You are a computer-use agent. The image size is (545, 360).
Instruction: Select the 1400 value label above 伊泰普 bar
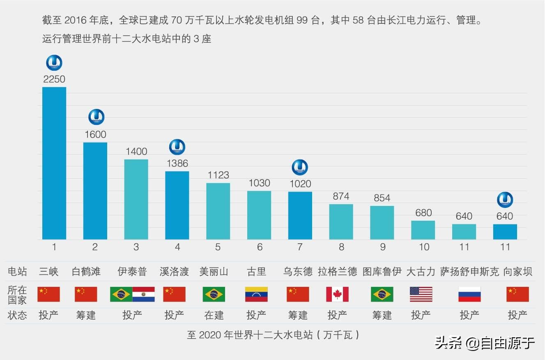(136, 152)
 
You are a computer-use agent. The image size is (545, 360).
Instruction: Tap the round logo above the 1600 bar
(97, 117)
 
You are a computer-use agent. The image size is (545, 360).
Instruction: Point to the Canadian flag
(337, 294)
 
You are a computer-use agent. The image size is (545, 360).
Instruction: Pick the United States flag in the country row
(421, 294)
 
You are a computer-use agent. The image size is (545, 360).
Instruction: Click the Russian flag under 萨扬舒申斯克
(469, 294)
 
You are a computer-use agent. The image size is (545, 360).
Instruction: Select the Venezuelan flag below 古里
(256, 294)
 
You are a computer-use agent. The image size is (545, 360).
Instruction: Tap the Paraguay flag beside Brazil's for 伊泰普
(144, 294)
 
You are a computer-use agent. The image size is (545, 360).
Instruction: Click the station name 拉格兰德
(337, 272)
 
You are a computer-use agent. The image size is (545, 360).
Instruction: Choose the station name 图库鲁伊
(382, 272)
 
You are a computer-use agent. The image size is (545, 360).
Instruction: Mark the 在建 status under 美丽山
(214, 315)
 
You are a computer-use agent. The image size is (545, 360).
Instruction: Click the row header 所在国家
(17, 294)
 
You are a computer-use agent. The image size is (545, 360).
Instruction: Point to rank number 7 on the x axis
(300, 247)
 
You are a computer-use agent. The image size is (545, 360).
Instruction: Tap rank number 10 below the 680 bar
(423, 247)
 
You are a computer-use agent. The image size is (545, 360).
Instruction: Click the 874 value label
(341, 196)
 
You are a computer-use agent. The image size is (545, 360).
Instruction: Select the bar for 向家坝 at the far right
(505, 232)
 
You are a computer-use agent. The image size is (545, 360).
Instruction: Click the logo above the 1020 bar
(300, 167)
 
